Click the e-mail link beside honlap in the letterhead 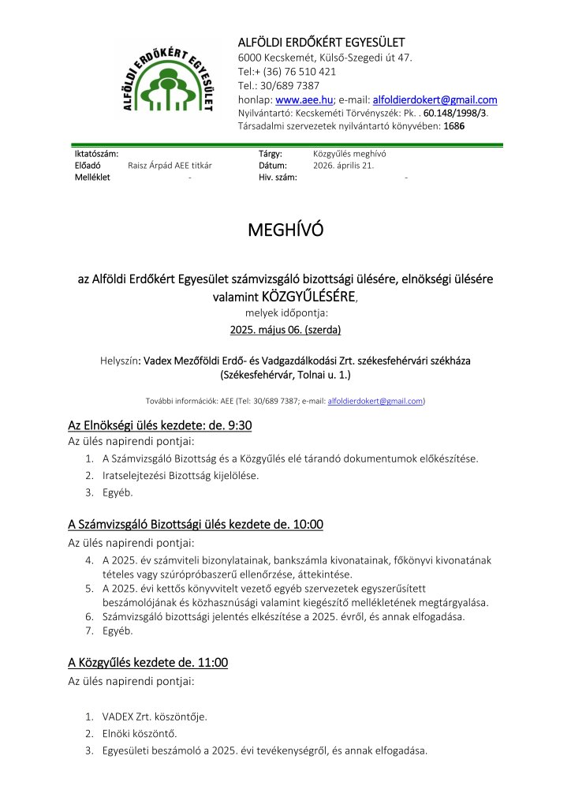tap(434, 100)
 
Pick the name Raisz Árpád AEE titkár tap(170, 166)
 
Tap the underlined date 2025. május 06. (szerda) tap(285, 329)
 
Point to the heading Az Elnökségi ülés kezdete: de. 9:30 tap(160, 426)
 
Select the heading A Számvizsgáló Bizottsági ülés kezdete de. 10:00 tap(196, 524)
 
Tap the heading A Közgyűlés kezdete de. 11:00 tap(148, 662)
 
